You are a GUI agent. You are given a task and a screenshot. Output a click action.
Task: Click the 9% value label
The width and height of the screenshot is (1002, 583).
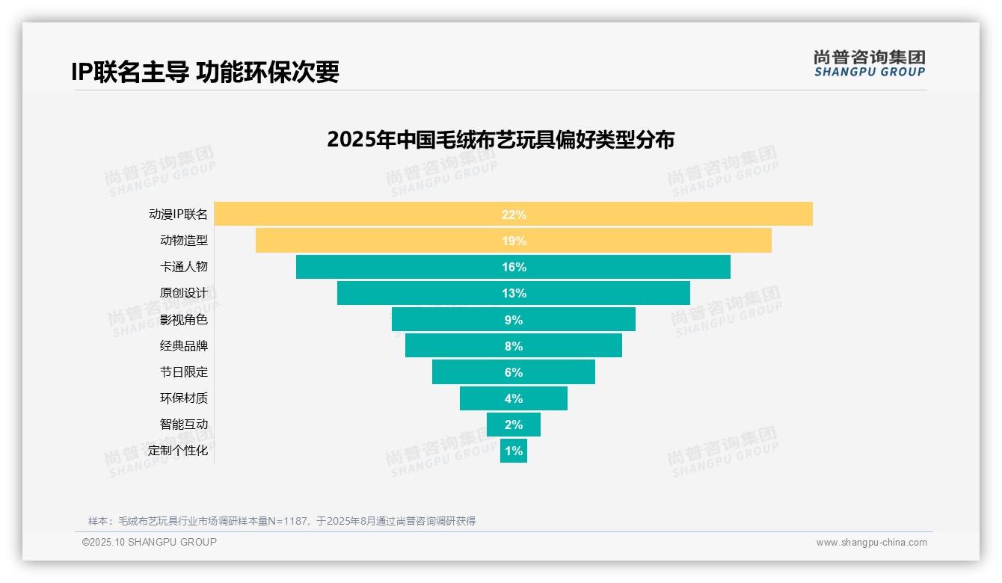tap(514, 320)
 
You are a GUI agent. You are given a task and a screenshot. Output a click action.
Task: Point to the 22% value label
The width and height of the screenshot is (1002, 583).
tap(514, 215)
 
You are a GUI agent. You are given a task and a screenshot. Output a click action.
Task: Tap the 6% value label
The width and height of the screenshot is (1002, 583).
tap(514, 372)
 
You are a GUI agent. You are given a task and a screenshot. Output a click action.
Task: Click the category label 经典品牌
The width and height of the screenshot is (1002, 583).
tap(183, 346)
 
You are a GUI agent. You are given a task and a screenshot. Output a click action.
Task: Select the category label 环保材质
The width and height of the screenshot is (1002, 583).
tap(183, 398)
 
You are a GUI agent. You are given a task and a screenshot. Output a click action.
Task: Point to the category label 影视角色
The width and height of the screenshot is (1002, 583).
tap(183, 320)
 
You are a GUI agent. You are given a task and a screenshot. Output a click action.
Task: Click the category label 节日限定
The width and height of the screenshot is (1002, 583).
tap(183, 372)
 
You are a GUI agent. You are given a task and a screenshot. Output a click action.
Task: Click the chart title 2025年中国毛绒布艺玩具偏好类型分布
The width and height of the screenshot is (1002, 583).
tap(500, 140)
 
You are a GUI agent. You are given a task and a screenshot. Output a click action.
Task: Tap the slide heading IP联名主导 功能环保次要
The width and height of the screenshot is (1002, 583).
tap(205, 72)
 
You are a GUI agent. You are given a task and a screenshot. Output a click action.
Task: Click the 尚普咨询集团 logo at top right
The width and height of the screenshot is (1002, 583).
tap(869, 63)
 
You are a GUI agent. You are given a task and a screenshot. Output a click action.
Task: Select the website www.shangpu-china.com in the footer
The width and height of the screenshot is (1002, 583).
tap(871, 543)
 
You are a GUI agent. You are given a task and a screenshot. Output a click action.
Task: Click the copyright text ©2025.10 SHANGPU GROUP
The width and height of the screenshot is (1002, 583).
tap(150, 542)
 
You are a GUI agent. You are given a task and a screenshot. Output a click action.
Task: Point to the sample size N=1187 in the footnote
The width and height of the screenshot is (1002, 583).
tap(287, 521)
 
